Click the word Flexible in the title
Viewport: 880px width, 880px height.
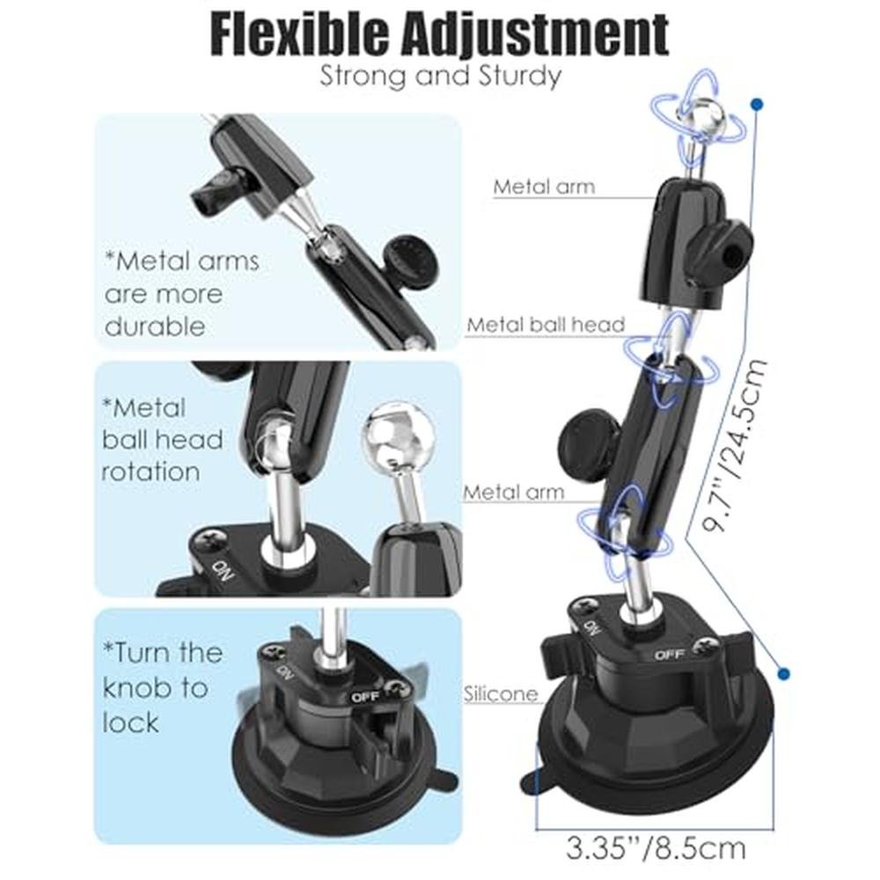[x=299, y=34]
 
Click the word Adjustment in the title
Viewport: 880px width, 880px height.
[x=533, y=35]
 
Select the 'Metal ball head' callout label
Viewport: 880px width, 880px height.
[x=546, y=325]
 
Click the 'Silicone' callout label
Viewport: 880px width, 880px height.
[x=500, y=694]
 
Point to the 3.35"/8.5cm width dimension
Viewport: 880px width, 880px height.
[x=656, y=848]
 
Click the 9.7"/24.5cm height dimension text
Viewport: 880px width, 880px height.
[x=734, y=445]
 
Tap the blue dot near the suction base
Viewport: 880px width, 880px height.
[x=784, y=673]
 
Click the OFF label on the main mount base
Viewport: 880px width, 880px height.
[x=670, y=655]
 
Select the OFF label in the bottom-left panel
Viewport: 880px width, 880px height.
[x=366, y=696]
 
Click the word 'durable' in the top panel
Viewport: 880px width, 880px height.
[x=155, y=326]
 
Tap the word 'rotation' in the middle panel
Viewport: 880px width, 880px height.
[x=150, y=472]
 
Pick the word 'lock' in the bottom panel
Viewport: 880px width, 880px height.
[x=131, y=722]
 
